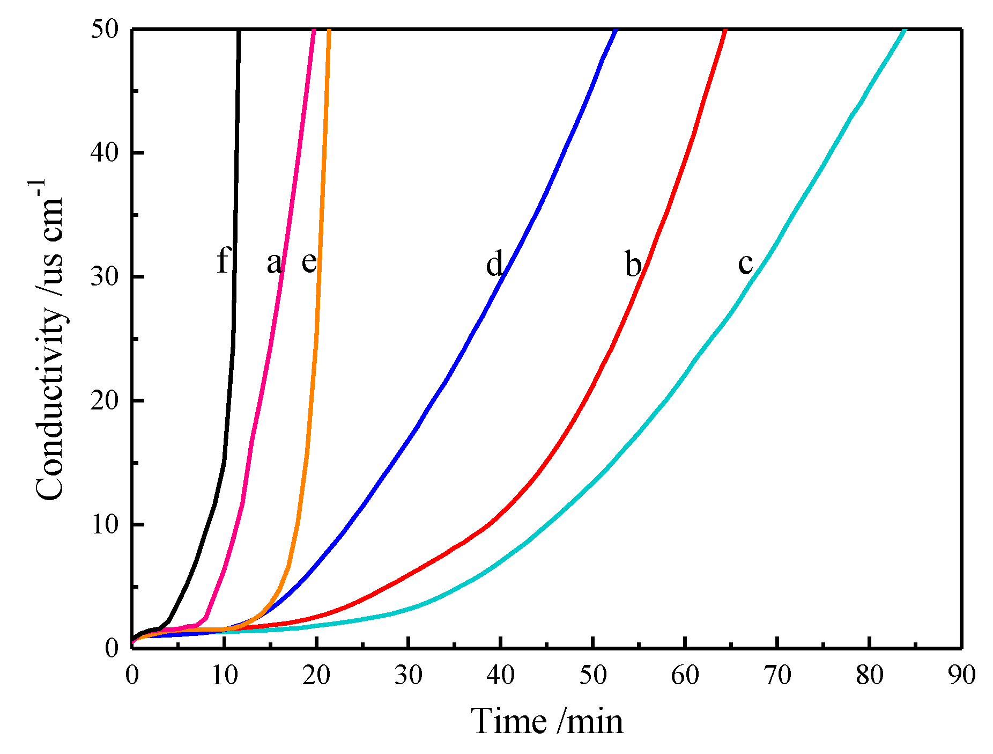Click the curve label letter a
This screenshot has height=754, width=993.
[x=274, y=263]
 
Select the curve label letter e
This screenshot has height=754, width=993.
[x=309, y=262]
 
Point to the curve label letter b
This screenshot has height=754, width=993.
[x=633, y=264]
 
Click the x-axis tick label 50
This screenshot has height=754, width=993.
[x=593, y=675]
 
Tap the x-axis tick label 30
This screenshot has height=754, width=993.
[x=409, y=675]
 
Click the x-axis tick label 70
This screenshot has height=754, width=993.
[x=777, y=675]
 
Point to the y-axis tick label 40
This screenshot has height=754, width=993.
[x=104, y=153]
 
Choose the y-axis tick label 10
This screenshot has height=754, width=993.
[x=104, y=524]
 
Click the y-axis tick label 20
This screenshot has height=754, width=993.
[x=104, y=401]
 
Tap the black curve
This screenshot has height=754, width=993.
[x=224, y=462]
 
